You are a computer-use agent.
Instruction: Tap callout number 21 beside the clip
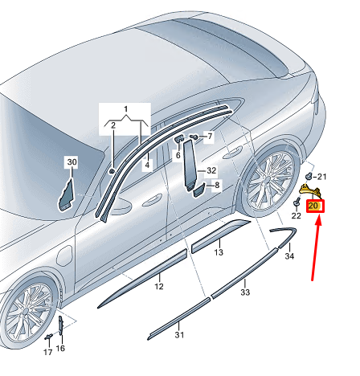[322, 177]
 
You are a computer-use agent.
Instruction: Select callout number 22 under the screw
[296, 215]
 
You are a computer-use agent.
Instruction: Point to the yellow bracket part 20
[310, 191]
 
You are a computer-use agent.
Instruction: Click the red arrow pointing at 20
[316, 248]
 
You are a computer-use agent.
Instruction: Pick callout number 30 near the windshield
[72, 162]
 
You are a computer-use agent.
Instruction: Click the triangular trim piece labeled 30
[66, 196]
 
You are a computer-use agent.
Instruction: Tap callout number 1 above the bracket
[125, 109]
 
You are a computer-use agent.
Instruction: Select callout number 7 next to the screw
[210, 136]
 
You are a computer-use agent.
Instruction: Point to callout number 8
[217, 185]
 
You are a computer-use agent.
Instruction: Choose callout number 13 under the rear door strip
[219, 252]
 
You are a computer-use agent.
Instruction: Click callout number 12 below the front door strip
[159, 286]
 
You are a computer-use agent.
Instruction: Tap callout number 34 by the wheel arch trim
[289, 256]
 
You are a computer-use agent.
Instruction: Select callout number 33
[245, 292]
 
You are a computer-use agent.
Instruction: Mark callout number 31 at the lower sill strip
[179, 335]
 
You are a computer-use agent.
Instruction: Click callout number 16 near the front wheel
[60, 348]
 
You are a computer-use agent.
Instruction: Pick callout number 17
[48, 353]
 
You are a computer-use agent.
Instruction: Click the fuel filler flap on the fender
[64, 256]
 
